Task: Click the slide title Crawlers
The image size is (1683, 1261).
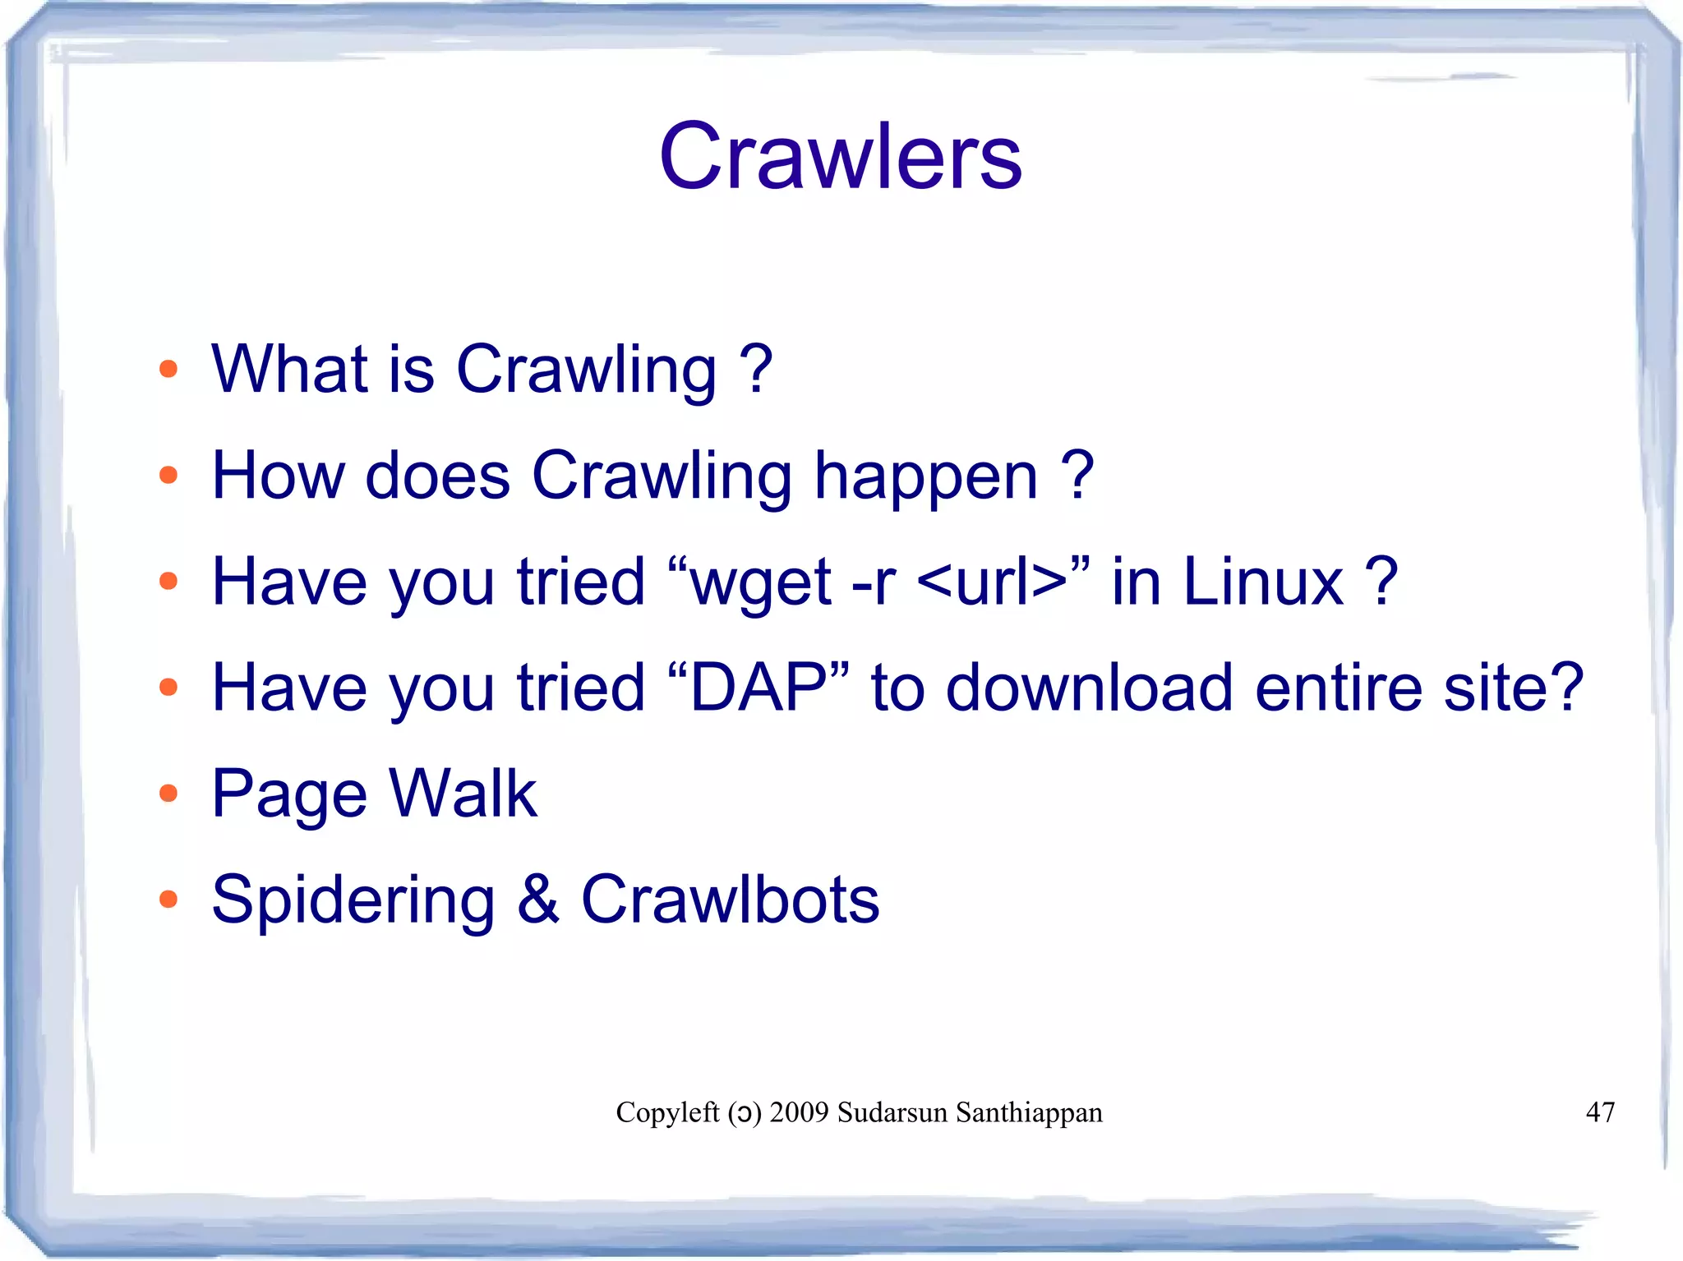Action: coord(840,156)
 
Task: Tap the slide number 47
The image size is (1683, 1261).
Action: coord(1600,1111)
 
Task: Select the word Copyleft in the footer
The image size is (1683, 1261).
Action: coord(667,1111)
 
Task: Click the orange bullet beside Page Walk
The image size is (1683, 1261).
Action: coord(168,793)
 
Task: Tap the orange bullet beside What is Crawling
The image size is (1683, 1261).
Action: coord(168,369)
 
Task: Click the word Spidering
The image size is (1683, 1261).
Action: coord(353,900)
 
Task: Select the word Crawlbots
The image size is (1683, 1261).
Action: coord(730,899)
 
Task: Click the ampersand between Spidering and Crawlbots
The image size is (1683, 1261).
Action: coord(538,899)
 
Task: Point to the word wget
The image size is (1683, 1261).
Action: coord(761,582)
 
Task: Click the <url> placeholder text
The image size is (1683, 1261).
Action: coord(991,582)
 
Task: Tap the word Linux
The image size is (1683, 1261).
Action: coord(1263,582)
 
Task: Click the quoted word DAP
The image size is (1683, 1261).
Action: coord(758,687)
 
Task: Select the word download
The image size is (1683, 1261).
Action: coord(1089,687)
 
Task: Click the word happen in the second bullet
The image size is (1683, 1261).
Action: coord(926,476)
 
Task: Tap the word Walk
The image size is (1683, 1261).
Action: coord(463,793)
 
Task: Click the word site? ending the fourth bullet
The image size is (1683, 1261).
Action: coord(1512,687)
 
